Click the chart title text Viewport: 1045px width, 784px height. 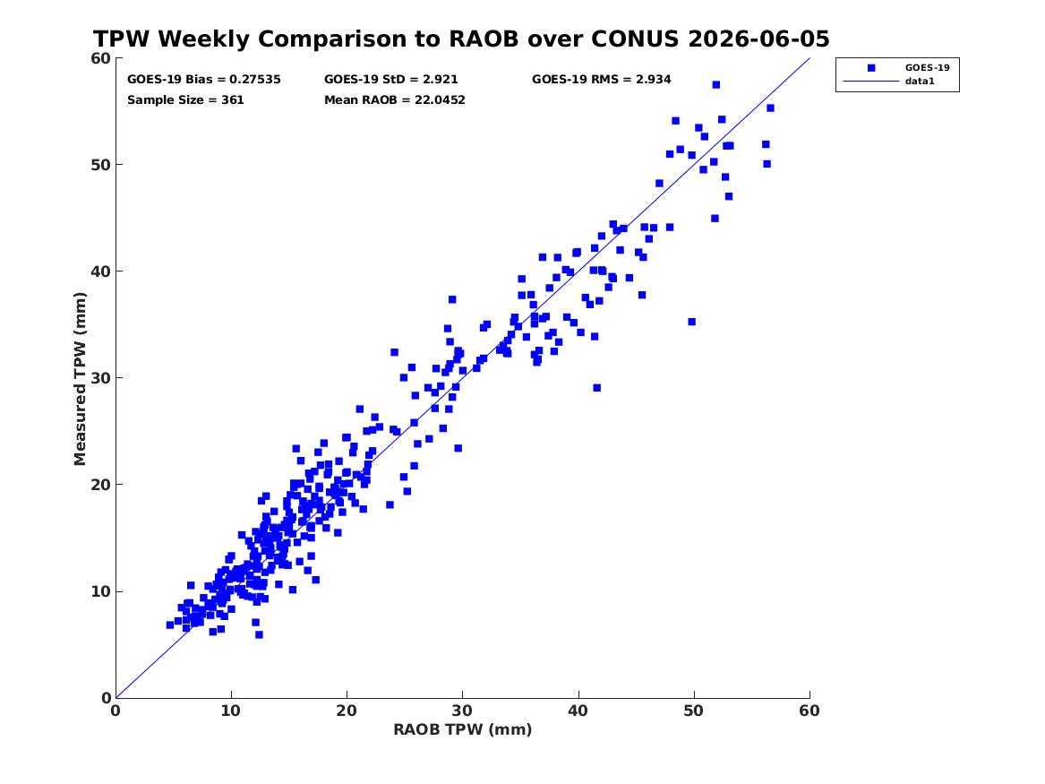tap(461, 39)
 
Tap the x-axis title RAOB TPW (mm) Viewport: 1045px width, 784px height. tap(463, 730)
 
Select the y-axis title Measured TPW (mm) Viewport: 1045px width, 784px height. tap(80, 379)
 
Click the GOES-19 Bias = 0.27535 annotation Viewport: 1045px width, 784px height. tap(204, 80)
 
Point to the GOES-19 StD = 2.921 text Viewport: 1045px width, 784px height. tap(391, 80)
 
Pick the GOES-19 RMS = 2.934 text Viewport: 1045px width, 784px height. tap(601, 80)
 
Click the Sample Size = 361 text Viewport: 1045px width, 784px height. tap(185, 100)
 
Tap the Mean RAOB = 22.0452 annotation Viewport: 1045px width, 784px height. tap(395, 100)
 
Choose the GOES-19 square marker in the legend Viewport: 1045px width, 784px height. tap(871, 68)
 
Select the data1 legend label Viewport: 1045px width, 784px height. tap(920, 82)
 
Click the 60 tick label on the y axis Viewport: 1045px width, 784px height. tap(100, 58)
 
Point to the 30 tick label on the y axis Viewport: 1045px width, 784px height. tap(100, 378)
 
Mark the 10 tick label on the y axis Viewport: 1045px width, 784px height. tap(100, 591)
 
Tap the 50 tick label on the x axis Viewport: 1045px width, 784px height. tap(694, 711)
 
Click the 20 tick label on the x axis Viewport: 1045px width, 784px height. tap(347, 711)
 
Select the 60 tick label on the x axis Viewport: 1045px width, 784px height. tap(809, 711)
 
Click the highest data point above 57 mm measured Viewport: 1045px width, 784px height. tap(716, 84)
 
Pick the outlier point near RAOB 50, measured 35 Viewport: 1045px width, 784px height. tap(692, 322)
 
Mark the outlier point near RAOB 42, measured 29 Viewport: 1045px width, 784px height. tap(597, 388)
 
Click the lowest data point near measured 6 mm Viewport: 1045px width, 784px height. tap(260, 634)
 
